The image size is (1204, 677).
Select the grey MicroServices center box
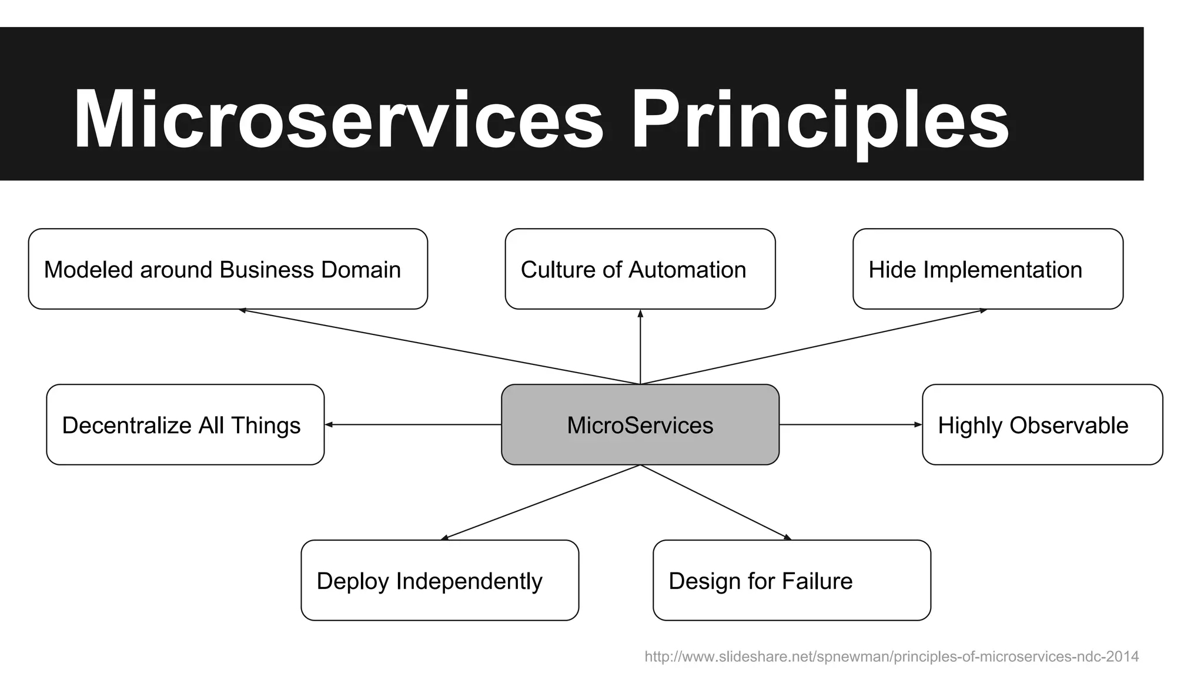(x=640, y=425)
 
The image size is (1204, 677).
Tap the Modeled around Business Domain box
(x=228, y=269)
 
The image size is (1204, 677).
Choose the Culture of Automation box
(x=640, y=269)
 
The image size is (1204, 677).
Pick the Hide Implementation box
(x=988, y=269)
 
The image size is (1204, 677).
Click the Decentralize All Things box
(x=185, y=425)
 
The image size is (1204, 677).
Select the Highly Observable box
(x=1042, y=425)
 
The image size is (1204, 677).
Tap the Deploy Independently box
(x=439, y=581)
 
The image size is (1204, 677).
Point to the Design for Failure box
(x=791, y=581)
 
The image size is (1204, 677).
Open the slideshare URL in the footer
(x=891, y=656)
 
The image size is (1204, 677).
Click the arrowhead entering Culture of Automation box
(x=640, y=313)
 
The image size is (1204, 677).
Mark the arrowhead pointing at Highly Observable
(x=918, y=424)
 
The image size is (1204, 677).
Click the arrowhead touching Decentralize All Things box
(x=329, y=424)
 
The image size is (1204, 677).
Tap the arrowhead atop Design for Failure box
(x=787, y=537)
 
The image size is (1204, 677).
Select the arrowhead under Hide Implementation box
(x=983, y=310)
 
